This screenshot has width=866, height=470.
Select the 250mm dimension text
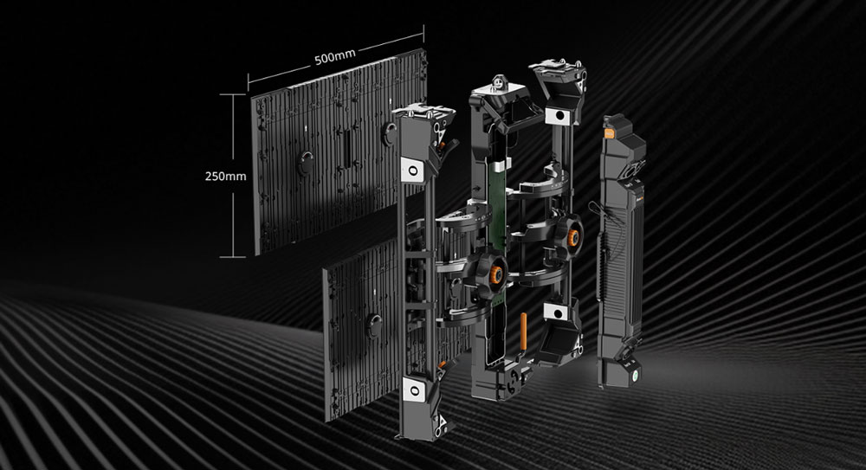coord(225,177)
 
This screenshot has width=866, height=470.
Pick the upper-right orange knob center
coord(574,238)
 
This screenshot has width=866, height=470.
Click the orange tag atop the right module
coord(610,133)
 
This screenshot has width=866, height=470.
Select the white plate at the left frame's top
coord(412,170)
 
